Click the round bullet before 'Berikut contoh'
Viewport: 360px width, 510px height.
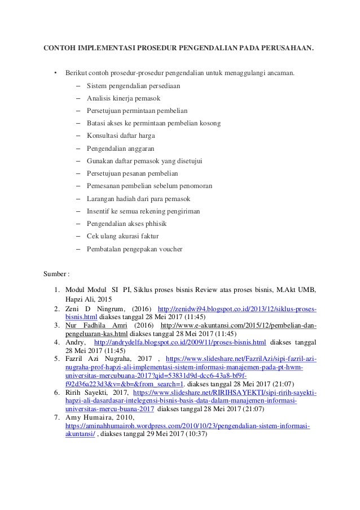(55, 73)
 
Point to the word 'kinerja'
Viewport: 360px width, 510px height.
(125, 98)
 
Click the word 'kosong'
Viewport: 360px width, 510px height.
(209, 123)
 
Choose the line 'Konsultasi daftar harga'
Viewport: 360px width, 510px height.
(121, 136)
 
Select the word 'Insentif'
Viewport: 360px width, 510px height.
(99, 211)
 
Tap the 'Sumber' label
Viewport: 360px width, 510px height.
(55, 275)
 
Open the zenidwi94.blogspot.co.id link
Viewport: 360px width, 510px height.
(237, 310)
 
